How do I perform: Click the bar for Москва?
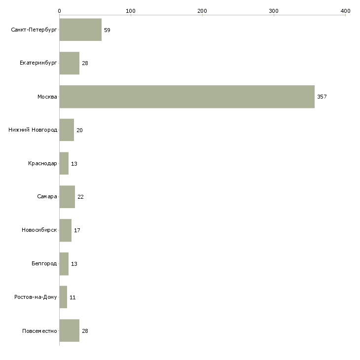[x=187, y=97]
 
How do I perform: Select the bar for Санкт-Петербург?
[x=80, y=30]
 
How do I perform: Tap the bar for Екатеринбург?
[x=70, y=63]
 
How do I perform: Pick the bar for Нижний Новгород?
[x=67, y=130]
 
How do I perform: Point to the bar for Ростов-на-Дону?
[x=63, y=297]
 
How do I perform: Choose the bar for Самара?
[x=67, y=197]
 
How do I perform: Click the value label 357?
[x=322, y=97]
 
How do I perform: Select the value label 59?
[x=107, y=30]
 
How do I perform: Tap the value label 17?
[x=77, y=230]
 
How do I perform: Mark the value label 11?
[x=72, y=297]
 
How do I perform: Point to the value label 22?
[x=80, y=197]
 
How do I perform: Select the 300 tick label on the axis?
[x=274, y=11]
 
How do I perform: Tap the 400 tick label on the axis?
[x=345, y=11]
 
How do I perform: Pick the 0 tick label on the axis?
[x=60, y=11]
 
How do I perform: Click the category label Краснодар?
[x=42, y=163]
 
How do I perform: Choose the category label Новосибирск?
[x=39, y=230]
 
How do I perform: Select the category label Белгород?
[x=44, y=263]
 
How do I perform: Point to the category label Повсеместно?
[x=39, y=331]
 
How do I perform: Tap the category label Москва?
[x=47, y=97]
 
